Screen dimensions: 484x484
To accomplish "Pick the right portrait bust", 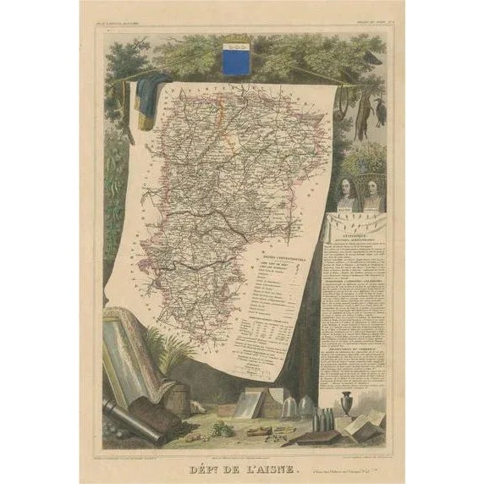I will point(373,195).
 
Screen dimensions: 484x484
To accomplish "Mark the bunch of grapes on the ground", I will point(222,426).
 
